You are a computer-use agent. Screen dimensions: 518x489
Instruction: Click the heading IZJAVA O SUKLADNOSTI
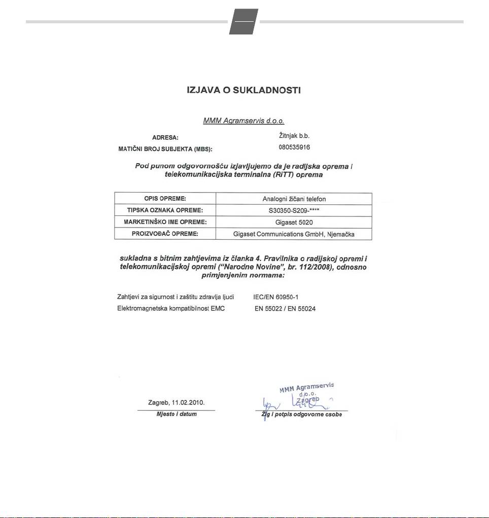point(244,91)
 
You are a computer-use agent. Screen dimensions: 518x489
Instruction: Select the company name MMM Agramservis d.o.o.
point(243,121)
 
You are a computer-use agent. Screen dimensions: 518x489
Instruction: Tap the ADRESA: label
point(165,137)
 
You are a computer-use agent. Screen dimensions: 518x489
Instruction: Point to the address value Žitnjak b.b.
point(294,136)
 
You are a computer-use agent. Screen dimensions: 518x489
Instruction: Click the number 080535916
point(294,147)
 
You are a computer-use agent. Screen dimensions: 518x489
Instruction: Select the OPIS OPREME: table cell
point(165,199)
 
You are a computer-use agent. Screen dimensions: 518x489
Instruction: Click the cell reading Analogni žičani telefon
point(294,199)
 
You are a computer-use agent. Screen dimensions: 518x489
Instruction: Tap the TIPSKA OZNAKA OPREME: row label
point(165,210)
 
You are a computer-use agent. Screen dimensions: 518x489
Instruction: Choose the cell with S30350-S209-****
point(294,210)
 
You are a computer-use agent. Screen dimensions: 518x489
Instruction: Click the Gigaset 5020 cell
point(294,222)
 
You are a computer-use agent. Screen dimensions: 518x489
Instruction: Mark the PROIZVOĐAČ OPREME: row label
point(165,234)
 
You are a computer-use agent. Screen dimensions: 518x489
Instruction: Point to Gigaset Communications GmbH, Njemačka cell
point(294,234)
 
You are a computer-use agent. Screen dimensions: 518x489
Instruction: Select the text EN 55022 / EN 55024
point(285,308)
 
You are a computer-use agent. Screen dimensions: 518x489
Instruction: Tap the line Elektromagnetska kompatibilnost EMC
point(171,308)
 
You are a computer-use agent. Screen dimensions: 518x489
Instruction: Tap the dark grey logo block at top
point(243,21)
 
